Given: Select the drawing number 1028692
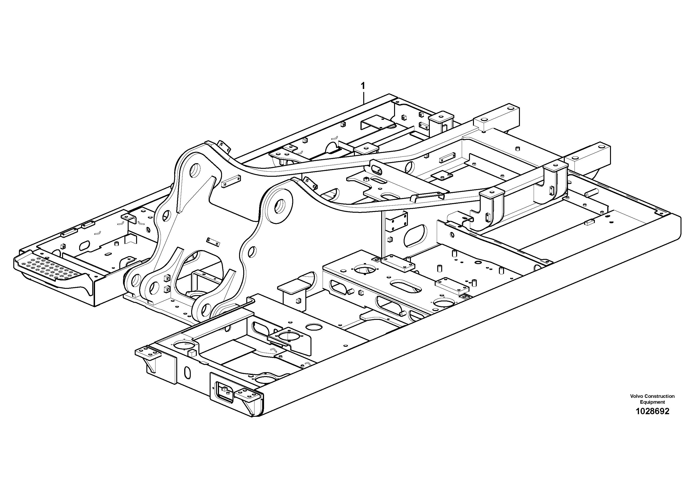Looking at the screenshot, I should tap(652, 411).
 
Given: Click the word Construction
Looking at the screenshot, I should tap(660, 396).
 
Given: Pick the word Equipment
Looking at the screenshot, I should tap(652, 402).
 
